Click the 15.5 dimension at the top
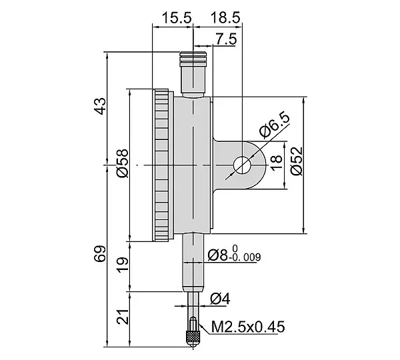pos(177,18)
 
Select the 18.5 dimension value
pos(225,18)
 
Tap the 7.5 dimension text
pos(226,39)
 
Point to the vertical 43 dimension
pos(100,106)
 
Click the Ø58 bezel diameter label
pos(122,163)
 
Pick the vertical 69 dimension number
pos(100,253)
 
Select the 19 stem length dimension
pos(123,265)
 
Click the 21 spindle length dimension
pos(123,317)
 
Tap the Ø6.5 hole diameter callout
pos(275,125)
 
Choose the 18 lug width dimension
pos(276,163)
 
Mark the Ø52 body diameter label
pos(297,161)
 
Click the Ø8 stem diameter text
pos(217,255)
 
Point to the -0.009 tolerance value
pos(245,257)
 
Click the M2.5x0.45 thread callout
pos(248,327)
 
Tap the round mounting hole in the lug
pos(242,165)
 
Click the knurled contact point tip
pos(193,337)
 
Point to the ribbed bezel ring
pos(161,165)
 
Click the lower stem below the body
pos(193,262)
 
